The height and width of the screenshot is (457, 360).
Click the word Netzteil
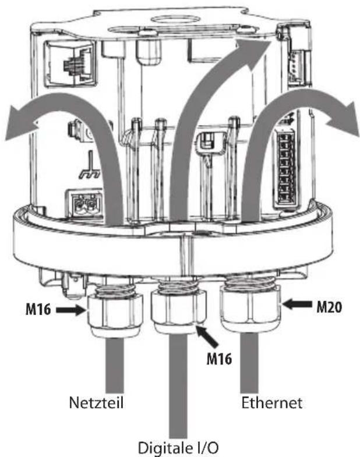[x=96, y=402]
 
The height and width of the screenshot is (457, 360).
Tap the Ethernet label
[x=271, y=403]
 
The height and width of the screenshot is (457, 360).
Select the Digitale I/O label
[x=178, y=448]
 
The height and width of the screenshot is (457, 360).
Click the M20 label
[x=329, y=307]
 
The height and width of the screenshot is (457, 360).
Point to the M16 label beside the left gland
[x=38, y=309]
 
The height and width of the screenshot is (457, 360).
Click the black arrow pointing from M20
[x=297, y=304]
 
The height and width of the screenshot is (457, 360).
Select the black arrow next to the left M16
[x=70, y=310]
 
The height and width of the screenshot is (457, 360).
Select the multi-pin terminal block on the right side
[x=287, y=168]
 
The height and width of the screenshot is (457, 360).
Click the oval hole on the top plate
[x=168, y=19]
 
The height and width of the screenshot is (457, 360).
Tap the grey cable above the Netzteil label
[x=115, y=365]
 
